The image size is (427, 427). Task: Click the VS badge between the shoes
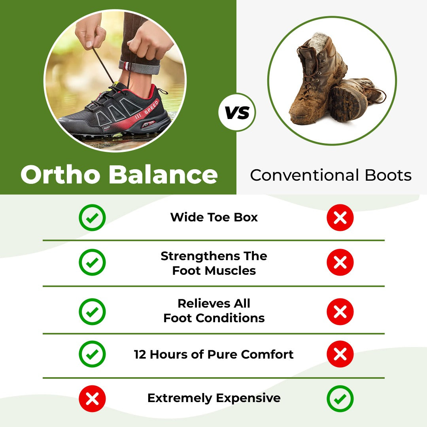(x=237, y=113)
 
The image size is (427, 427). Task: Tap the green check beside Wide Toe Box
(x=92, y=217)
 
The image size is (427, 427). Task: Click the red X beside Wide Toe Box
(x=340, y=217)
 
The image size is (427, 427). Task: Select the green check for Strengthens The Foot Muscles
(x=92, y=262)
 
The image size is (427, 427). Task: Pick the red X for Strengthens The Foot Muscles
(x=340, y=262)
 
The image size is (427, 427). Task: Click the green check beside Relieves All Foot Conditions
(x=92, y=312)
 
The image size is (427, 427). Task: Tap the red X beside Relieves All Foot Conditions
(x=340, y=312)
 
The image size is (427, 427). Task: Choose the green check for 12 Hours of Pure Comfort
(x=92, y=354)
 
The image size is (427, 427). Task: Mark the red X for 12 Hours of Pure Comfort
(x=340, y=354)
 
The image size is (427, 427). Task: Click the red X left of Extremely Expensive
(x=92, y=399)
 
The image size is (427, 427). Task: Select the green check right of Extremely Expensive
(x=340, y=399)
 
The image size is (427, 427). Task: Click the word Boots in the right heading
(x=388, y=175)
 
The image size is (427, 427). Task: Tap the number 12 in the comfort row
(x=140, y=354)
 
